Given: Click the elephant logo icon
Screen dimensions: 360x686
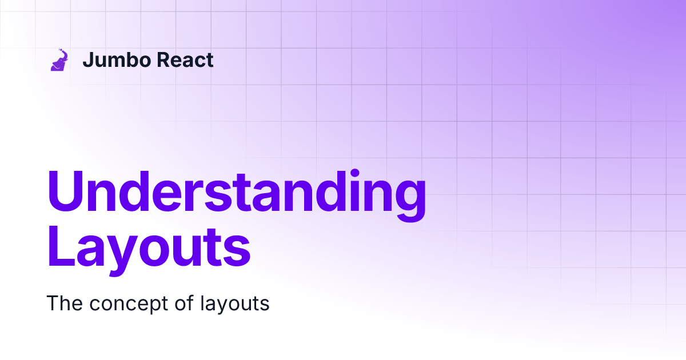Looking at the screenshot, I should [59, 60].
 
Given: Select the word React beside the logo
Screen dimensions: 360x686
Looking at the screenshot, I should [186, 59].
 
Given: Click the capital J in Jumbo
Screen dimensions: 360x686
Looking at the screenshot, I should [87, 59].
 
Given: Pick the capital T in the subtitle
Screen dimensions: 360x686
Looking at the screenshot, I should [52, 303].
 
